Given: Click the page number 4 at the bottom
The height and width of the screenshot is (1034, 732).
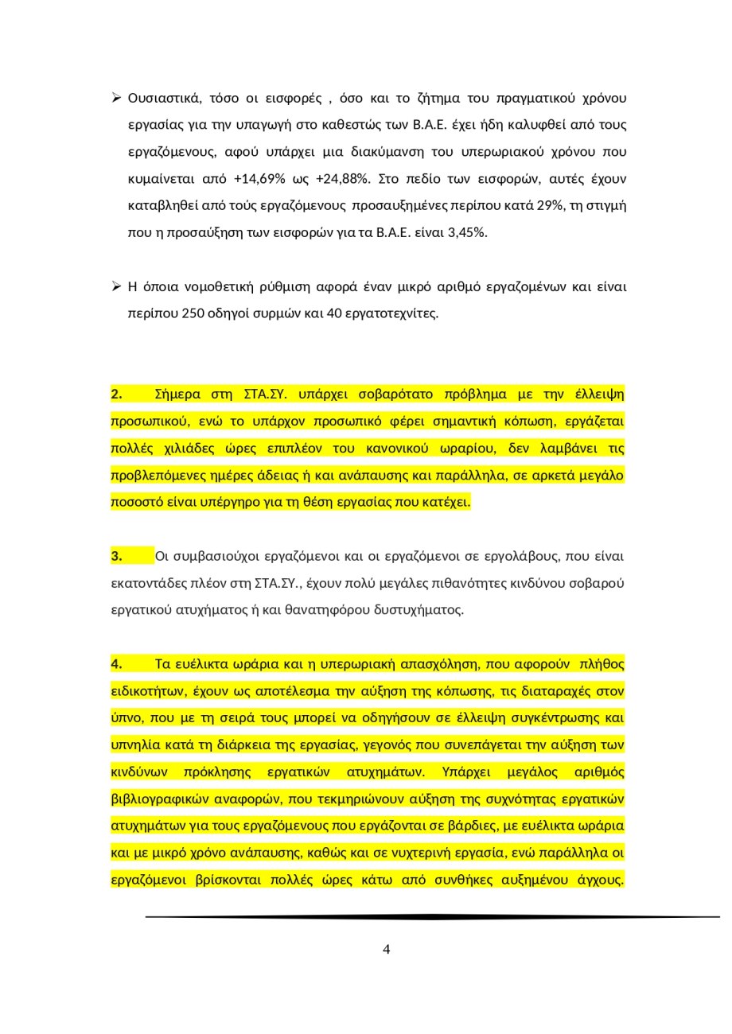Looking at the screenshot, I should (387, 949).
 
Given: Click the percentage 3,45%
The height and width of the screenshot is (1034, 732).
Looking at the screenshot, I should (468, 232).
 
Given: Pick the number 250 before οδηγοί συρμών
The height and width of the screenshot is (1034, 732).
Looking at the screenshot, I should (193, 313).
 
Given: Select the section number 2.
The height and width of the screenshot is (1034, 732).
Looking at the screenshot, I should (117, 394).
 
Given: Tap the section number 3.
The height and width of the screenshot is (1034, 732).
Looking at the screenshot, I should (117, 556).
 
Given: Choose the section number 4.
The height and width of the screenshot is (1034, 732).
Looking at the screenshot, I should (117, 664).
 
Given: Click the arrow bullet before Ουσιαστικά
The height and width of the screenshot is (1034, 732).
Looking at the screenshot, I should (116, 98).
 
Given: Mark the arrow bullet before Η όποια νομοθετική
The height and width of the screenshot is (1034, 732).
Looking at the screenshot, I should (116, 286).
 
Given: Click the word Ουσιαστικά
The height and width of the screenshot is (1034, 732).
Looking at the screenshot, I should (164, 98).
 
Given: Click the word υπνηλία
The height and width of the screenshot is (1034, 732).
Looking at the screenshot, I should (133, 745).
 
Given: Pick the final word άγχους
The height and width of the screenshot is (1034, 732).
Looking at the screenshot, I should (597, 880).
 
